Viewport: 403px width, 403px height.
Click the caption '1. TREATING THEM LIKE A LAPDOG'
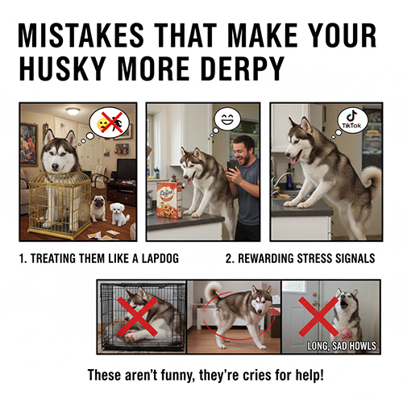click(100, 260)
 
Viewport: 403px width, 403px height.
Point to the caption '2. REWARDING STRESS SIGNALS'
click(299, 260)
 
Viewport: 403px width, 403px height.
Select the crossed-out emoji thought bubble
click(109, 122)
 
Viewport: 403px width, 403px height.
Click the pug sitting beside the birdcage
click(98, 207)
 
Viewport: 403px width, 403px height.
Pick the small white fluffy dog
click(119, 213)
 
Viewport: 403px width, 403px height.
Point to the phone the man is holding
click(232, 164)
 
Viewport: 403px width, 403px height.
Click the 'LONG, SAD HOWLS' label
click(341, 346)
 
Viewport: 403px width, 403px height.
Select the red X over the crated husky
click(141, 316)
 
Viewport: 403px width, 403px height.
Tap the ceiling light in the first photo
click(73, 110)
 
